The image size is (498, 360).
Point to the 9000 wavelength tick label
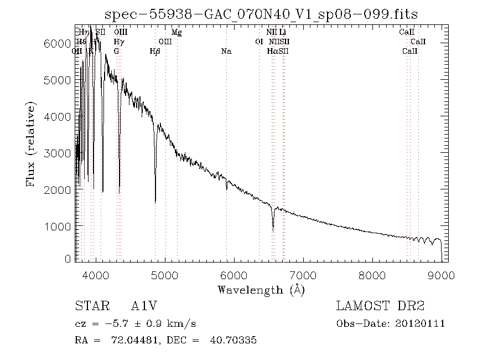point(441,275)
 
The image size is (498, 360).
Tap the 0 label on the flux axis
point(68,259)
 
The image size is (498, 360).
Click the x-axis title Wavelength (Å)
point(261,290)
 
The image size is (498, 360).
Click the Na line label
point(226,52)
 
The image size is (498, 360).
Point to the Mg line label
point(177,33)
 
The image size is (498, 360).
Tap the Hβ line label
point(155,52)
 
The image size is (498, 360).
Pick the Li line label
point(282,33)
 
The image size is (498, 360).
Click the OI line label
point(258,42)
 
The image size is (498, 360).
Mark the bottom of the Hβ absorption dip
point(155,202)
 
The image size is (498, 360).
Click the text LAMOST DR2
point(380,306)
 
